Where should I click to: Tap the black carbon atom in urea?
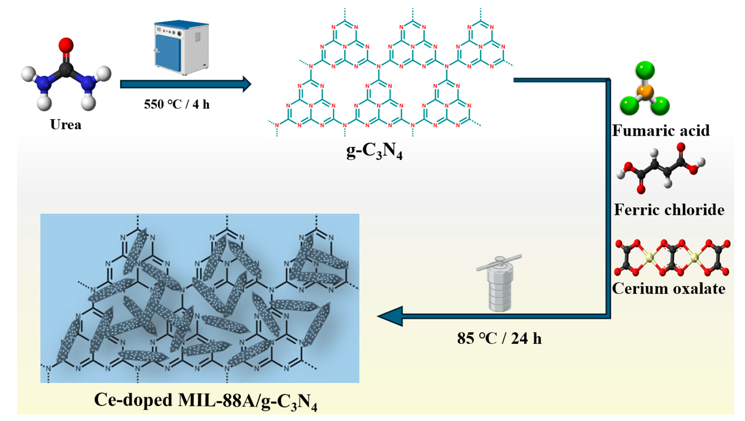(x=66, y=69)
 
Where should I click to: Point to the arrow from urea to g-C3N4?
(x=185, y=84)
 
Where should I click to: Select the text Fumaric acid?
(x=661, y=130)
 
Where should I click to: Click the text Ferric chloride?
(x=669, y=210)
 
